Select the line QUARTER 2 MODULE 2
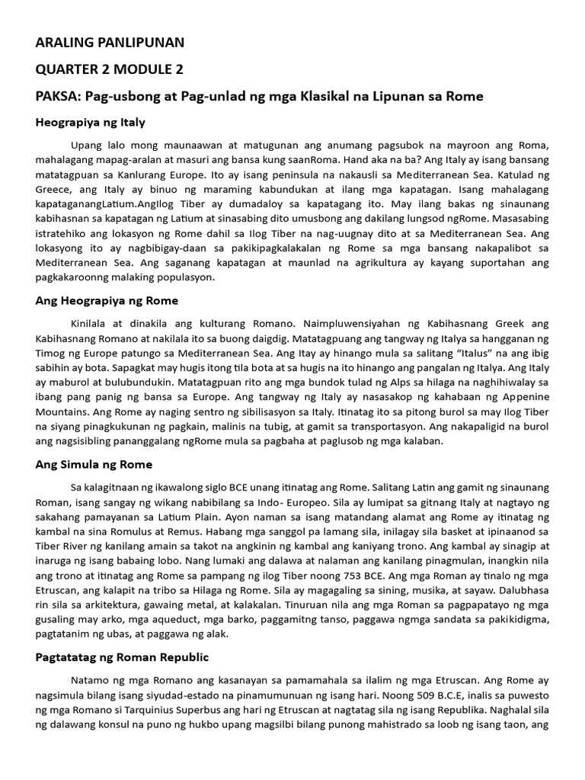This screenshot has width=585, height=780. tap(109, 69)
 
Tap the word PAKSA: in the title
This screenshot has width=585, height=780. tap(58, 97)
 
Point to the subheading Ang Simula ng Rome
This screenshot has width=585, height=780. tap(94, 464)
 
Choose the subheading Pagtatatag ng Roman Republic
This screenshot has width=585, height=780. tap(122, 657)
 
